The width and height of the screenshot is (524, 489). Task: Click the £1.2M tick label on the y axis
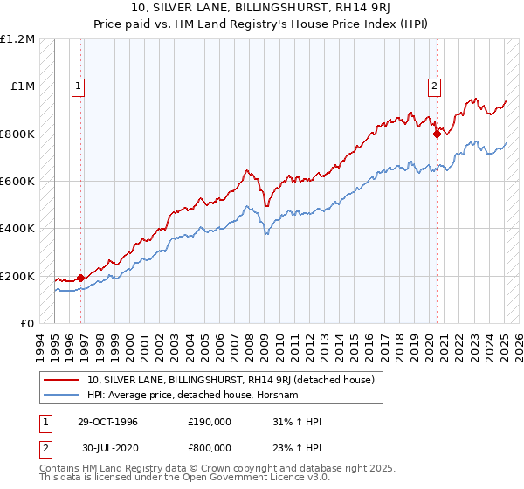[x=17, y=39]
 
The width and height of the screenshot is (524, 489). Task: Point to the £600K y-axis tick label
[x=17, y=182]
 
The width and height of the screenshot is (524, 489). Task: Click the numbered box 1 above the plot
[x=79, y=86]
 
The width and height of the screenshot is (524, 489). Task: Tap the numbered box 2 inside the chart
[x=434, y=86]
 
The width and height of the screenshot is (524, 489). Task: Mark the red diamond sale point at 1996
[x=81, y=279]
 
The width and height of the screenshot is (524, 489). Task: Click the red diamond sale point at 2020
[x=437, y=134]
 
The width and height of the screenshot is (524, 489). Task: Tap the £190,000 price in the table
[x=210, y=422]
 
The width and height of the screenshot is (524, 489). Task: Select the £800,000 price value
[x=210, y=446]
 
